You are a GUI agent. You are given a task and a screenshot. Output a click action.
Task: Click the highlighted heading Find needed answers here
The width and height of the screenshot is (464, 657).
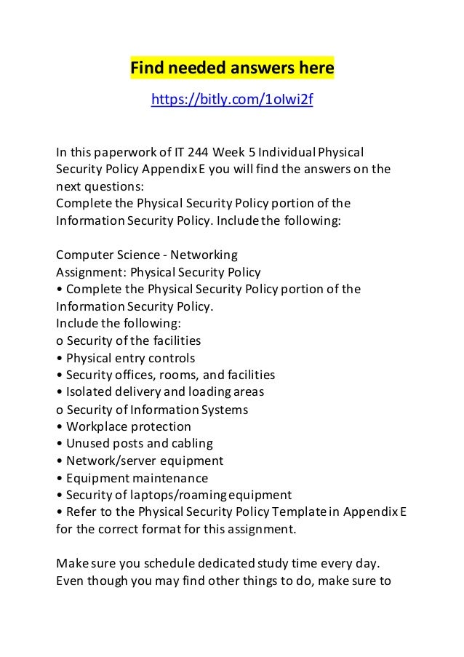231,68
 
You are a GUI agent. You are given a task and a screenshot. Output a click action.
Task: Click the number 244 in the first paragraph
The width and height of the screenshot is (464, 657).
198,153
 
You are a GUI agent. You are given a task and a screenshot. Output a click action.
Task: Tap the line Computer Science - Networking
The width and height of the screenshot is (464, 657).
147,255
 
